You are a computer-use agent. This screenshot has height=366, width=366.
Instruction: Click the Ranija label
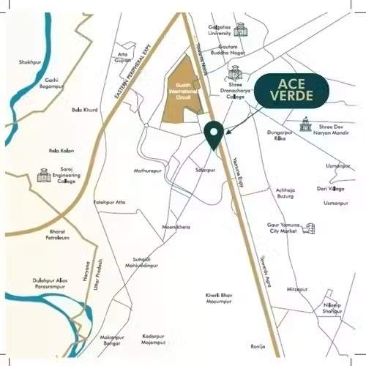pos(258,346)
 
